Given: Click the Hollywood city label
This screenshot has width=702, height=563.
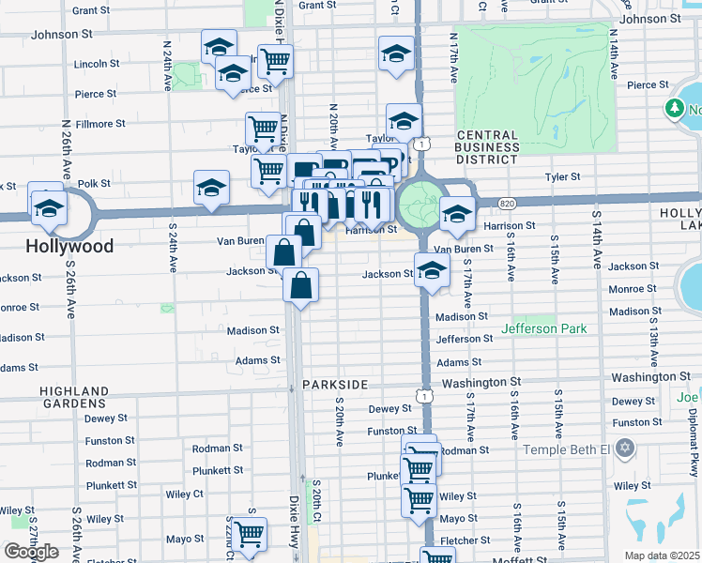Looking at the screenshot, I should pyautogui.click(x=69, y=247).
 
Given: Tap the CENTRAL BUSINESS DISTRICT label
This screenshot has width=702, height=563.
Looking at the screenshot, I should pyautogui.click(x=487, y=147).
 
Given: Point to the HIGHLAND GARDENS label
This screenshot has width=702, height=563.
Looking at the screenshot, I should pyautogui.click(x=75, y=398).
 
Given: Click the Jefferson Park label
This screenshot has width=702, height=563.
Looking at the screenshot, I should pyautogui.click(x=543, y=328).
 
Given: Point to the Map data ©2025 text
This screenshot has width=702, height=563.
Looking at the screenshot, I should pyautogui.click(x=663, y=555).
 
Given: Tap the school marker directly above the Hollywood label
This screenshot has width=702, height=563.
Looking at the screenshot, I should pyautogui.click(x=48, y=207).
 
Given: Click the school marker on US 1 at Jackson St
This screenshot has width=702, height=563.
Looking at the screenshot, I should pyautogui.click(x=430, y=272).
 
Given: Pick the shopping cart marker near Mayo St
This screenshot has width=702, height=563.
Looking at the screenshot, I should pyautogui.click(x=249, y=534).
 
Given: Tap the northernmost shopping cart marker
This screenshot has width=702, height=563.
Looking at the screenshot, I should pyautogui.click(x=275, y=61).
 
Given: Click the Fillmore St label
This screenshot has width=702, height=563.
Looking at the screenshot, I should pyautogui.click(x=99, y=124).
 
